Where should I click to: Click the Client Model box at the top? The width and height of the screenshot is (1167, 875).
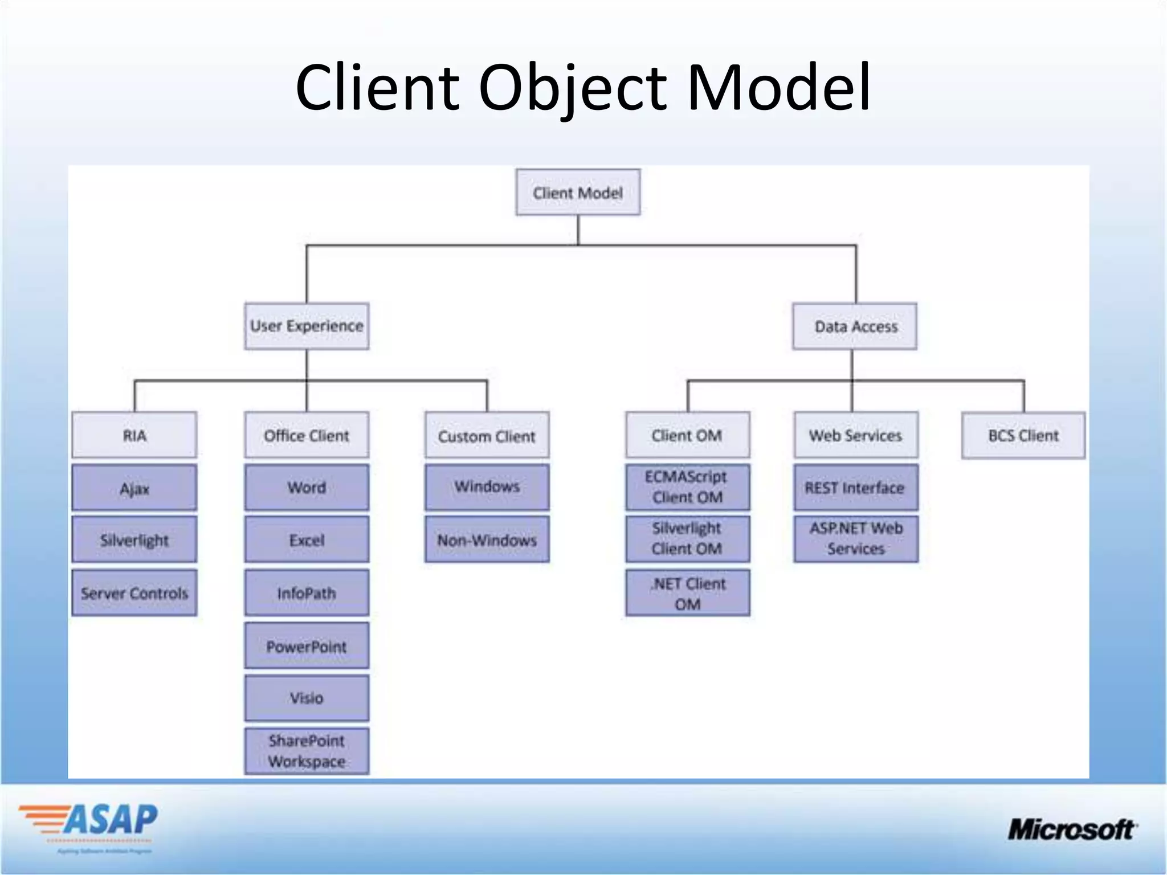[578, 193]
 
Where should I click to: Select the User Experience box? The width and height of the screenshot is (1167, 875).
[307, 326]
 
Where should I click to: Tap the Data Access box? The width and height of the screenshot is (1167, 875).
[855, 326]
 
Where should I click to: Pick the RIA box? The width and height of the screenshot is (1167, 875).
[134, 435]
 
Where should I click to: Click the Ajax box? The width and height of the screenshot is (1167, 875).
[134, 488]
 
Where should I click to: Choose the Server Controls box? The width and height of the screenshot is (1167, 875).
[134, 593]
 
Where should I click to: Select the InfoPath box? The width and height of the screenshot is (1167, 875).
[307, 593]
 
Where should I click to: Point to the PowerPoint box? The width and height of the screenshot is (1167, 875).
[307, 646]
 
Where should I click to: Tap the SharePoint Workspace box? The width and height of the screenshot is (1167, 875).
[307, 751]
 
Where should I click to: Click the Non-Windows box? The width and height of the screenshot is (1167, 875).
[487, 539]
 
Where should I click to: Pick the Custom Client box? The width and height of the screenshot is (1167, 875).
[487, 436]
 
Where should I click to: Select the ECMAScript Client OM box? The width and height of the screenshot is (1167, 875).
[687, 487]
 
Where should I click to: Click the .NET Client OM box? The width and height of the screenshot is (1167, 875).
[687, 593]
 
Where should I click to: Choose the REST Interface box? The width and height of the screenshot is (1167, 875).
[855, 488]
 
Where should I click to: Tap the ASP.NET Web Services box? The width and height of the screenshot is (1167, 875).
[855, 539]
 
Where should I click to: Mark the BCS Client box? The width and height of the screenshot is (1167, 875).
[1023, 436]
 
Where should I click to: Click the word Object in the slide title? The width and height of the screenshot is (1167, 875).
[572, 88]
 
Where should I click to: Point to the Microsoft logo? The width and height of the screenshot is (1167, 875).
[1071, 829]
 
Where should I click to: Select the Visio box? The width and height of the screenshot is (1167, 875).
[307, 698]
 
